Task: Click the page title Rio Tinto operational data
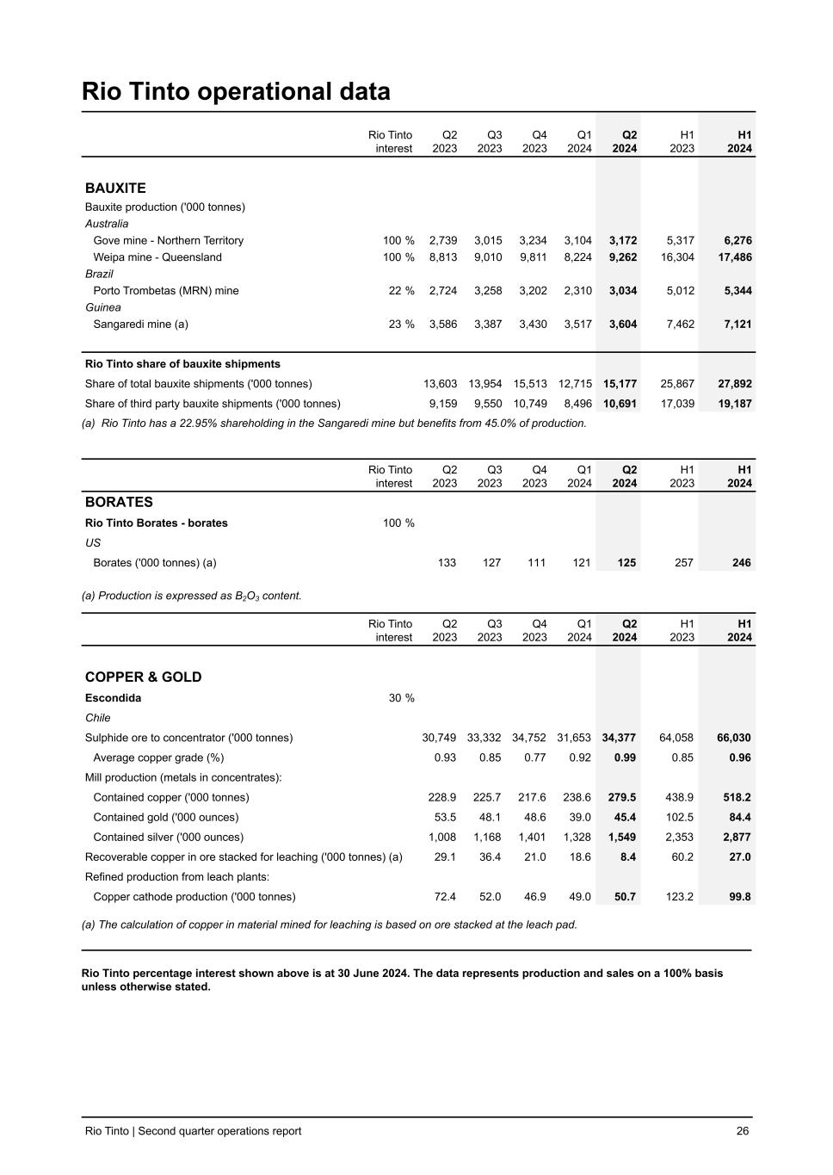[236, 91]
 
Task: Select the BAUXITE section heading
[115, 188]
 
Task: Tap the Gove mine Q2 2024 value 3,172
[622, 241]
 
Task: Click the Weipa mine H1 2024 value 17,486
[734, 257]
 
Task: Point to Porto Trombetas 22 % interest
[401, 291]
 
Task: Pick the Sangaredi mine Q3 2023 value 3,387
[487, 325]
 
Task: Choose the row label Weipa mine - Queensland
[157, 257]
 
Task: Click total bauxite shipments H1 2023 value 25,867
[676, 384]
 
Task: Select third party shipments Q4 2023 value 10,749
[530, 404]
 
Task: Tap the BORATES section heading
[119, 502]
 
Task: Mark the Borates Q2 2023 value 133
[447, 563]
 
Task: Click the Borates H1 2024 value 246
[741, 563]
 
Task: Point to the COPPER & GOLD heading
[143, 677]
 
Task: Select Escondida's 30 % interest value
[401, 698]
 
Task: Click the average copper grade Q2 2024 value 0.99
[625, 758]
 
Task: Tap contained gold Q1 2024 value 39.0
[580, 817]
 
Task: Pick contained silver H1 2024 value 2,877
[734, 837]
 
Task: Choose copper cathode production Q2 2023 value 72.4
[444, 896]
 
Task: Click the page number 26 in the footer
[742, 1131]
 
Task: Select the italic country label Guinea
[103, 307]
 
